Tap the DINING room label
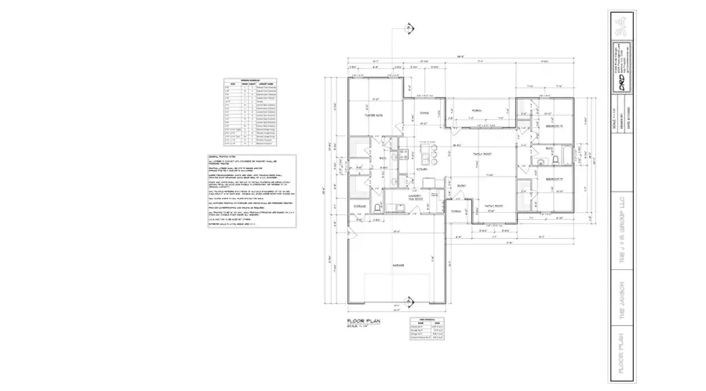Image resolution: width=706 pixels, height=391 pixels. click(424, 113)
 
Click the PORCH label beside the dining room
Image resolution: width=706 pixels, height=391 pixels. click(475, 111)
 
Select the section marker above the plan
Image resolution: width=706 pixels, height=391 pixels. click(409, 28)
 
